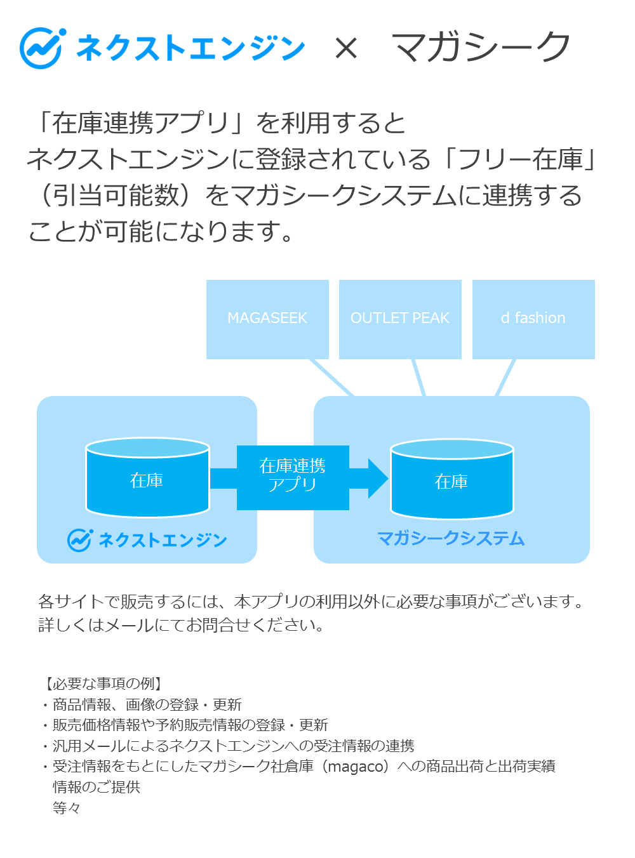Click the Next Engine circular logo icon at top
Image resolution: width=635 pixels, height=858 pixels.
coord(42,48)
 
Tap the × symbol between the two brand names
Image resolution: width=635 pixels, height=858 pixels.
coord(346,48)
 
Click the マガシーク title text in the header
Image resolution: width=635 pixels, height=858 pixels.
coord(481,48)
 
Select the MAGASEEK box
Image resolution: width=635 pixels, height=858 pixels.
coord(267,319)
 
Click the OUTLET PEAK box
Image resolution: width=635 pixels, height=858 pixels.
coord(400,319)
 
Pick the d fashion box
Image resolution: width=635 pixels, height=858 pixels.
coord(533,319)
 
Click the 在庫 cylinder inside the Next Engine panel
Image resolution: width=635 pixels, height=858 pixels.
coord(147,479)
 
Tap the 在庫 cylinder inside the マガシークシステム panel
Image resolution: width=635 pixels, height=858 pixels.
coord(451,481)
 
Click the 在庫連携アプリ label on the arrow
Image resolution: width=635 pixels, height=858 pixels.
coord(293,475)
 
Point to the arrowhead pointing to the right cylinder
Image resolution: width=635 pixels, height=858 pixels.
coord(378,478)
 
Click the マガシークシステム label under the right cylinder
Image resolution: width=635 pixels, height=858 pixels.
coord(451,538)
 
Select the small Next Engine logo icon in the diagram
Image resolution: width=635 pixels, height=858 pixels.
coord(80,539)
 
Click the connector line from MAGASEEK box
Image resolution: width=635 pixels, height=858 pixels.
coord(331,378)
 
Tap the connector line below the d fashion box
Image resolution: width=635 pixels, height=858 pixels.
coord(505,378)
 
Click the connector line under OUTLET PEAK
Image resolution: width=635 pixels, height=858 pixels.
coord(418,378)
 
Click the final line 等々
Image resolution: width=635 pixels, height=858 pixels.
coord(67,808)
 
